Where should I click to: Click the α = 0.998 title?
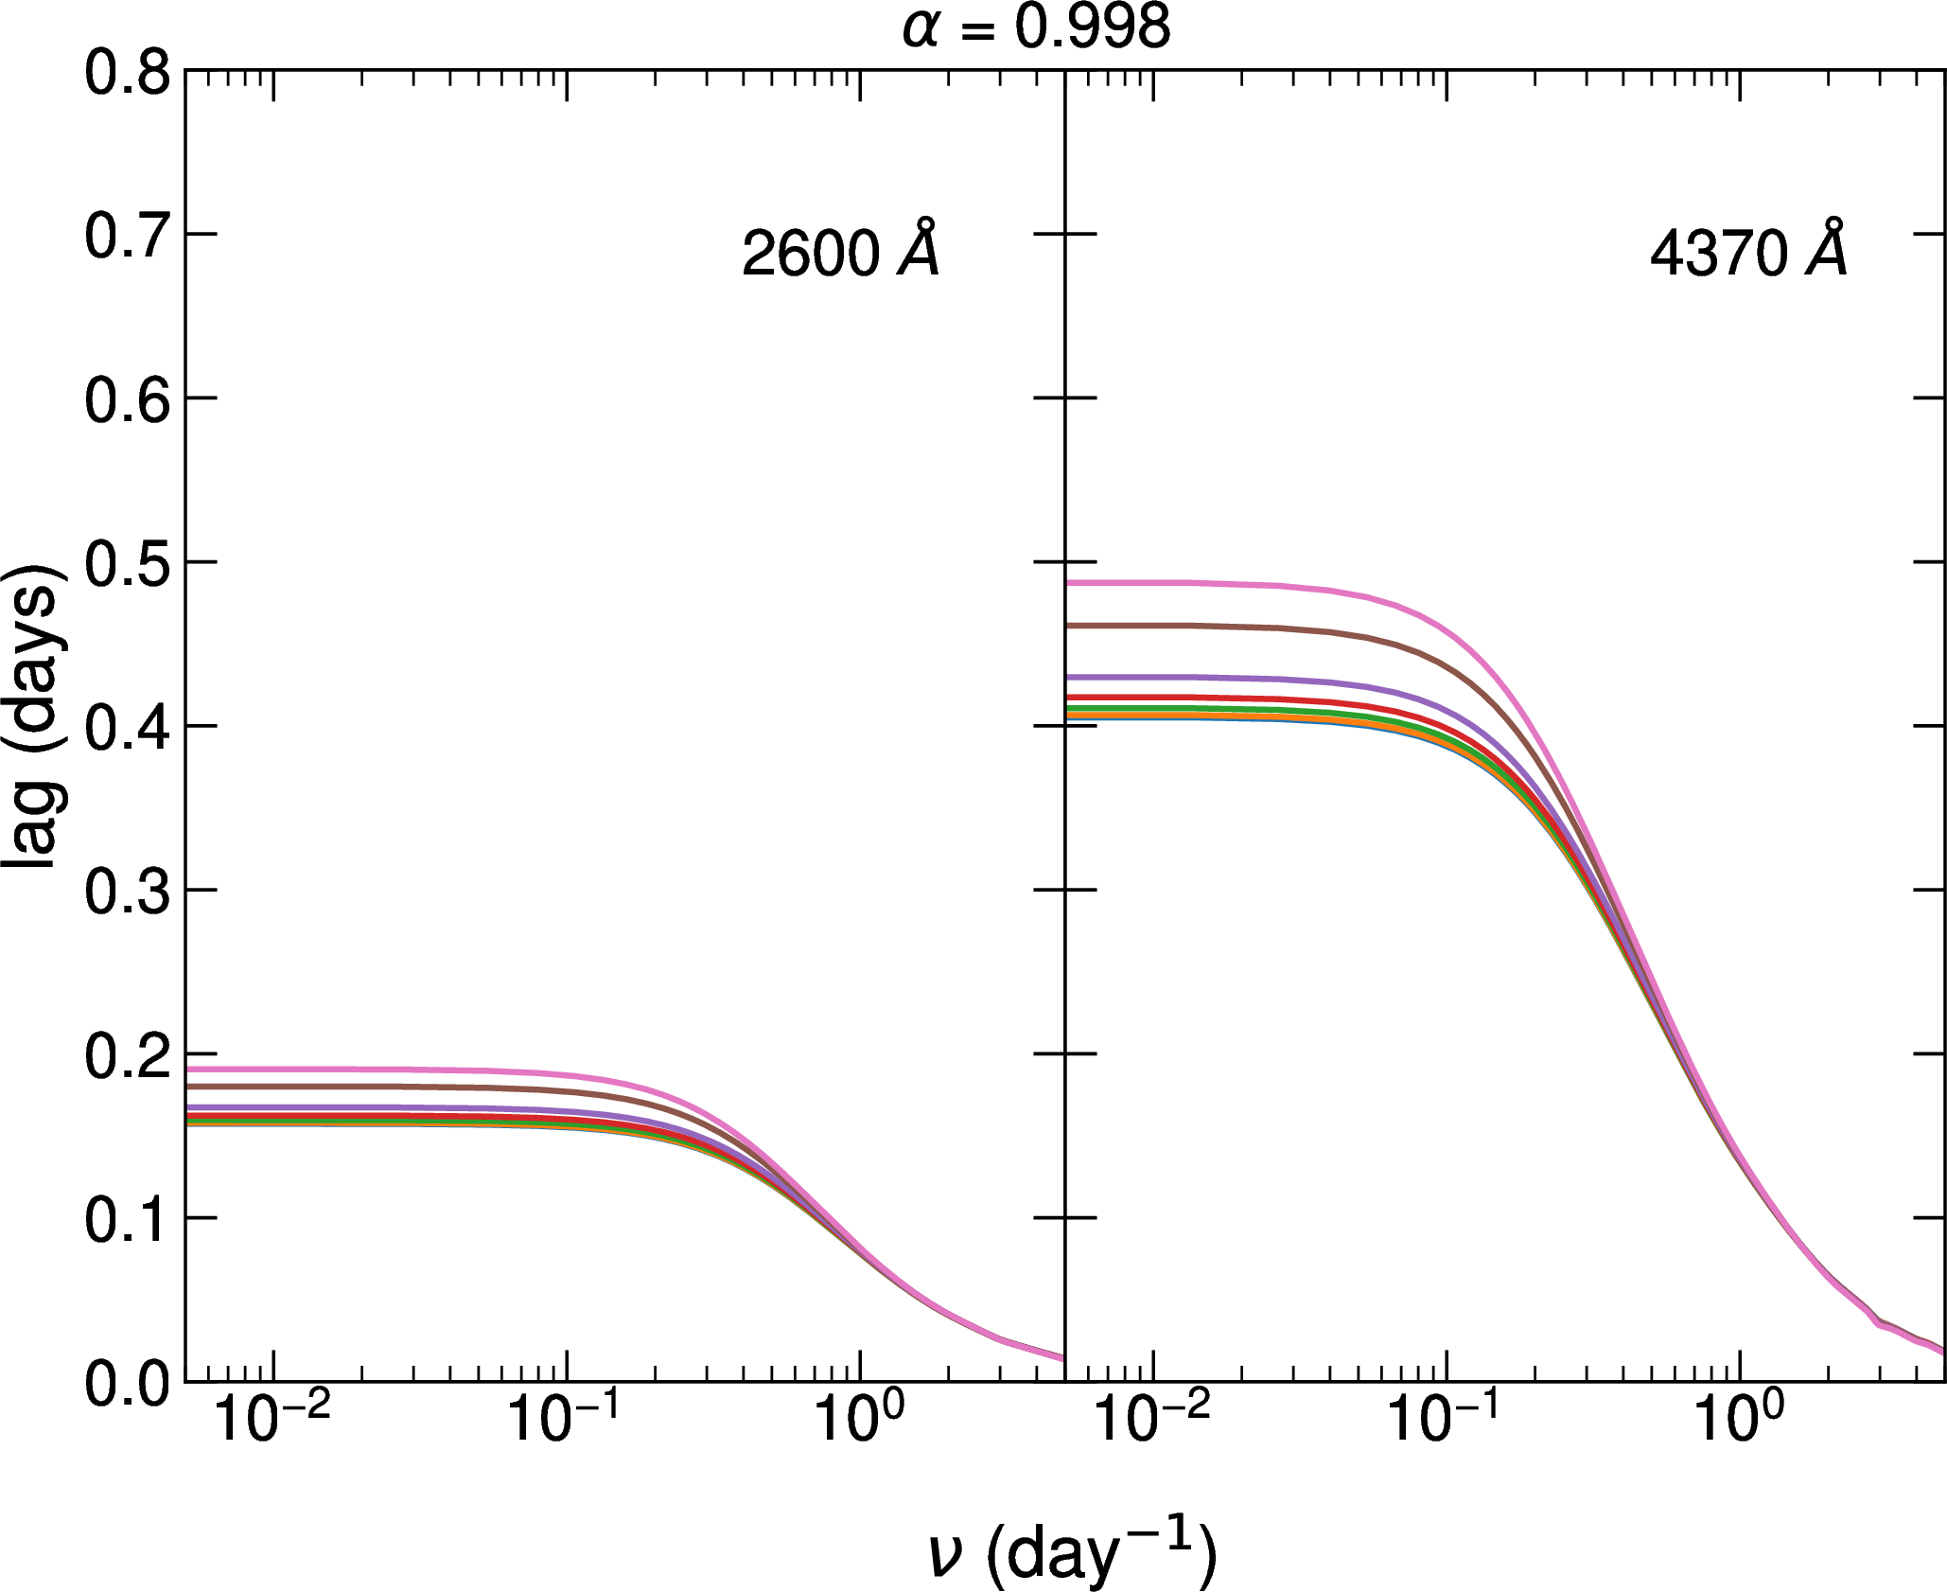[1036, 27]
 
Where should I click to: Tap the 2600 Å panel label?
[840, 252]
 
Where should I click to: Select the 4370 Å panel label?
[1747, 252]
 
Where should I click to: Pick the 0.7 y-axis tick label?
[127, 236]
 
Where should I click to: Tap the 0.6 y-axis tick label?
[127, 399]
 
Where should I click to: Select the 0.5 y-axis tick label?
[127, 564]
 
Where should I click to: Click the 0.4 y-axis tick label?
[127, 728]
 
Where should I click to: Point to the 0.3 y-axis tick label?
[127, 892]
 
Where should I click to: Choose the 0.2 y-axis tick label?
[127, 1055]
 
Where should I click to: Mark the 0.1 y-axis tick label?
[127, 1219]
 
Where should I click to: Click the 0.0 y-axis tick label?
[127, 1384]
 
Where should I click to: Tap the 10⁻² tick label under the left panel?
[272, 1418]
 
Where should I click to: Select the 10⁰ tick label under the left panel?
[859, 1418]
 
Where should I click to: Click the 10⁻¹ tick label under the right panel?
[1445, 1418]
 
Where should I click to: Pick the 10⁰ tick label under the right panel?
[1739, 1418]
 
